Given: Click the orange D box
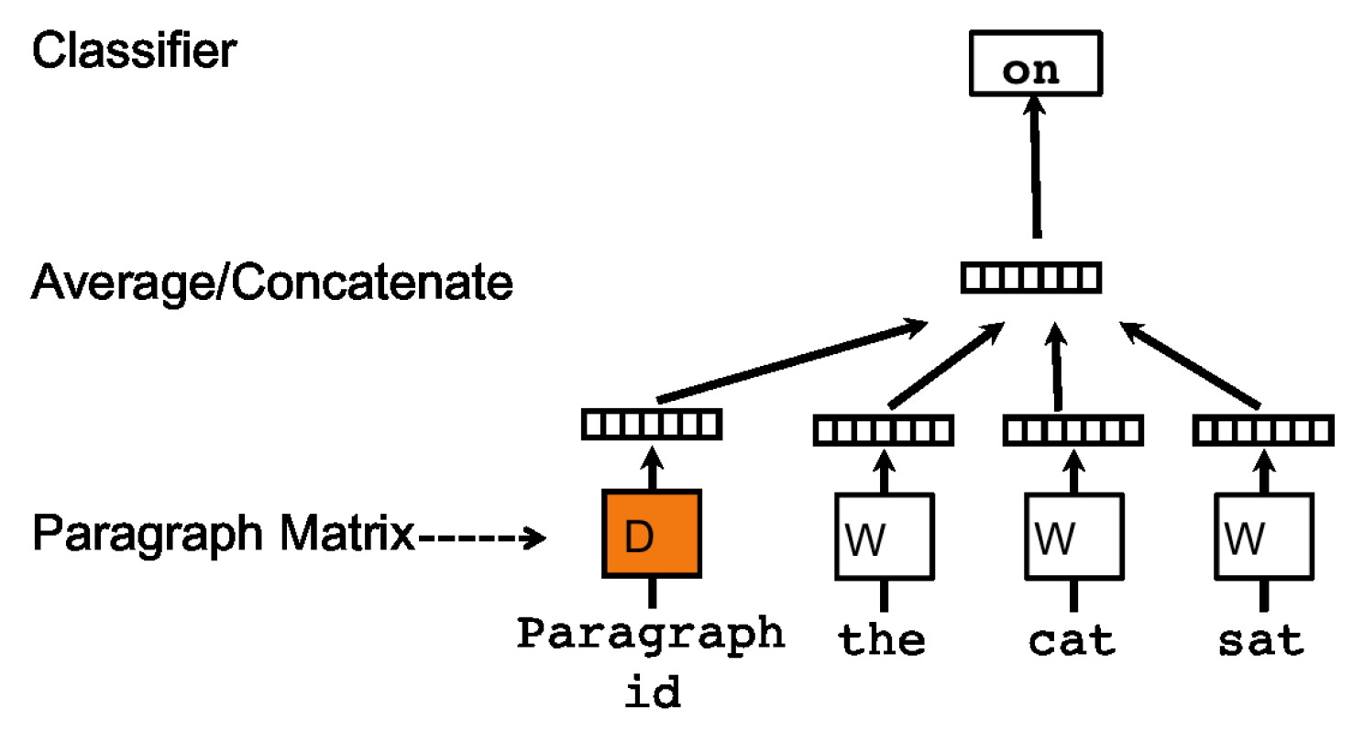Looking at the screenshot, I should pos(651,534).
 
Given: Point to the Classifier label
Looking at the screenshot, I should pos(134,50).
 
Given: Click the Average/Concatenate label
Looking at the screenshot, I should pos(272,283).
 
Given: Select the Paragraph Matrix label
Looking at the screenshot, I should pos(224,534).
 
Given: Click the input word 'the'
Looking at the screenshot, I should pos(883,639).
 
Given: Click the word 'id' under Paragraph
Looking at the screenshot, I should pos(652,693).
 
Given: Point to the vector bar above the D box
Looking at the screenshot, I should pos(652,423).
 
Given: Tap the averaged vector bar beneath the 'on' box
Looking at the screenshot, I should pos(1030,276).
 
